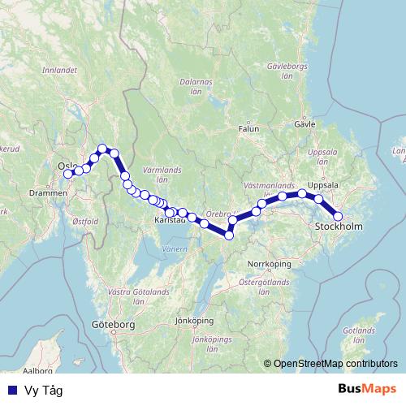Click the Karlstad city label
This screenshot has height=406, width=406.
pyautogui.click(x=171, y=220)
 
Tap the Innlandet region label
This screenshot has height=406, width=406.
pyautogui.click(x=59, y=71)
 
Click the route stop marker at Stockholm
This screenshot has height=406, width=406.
pyautogui.click(x=339, y=216)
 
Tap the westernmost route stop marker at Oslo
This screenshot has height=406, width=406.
pyautogui.click(x=68, y=174)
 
